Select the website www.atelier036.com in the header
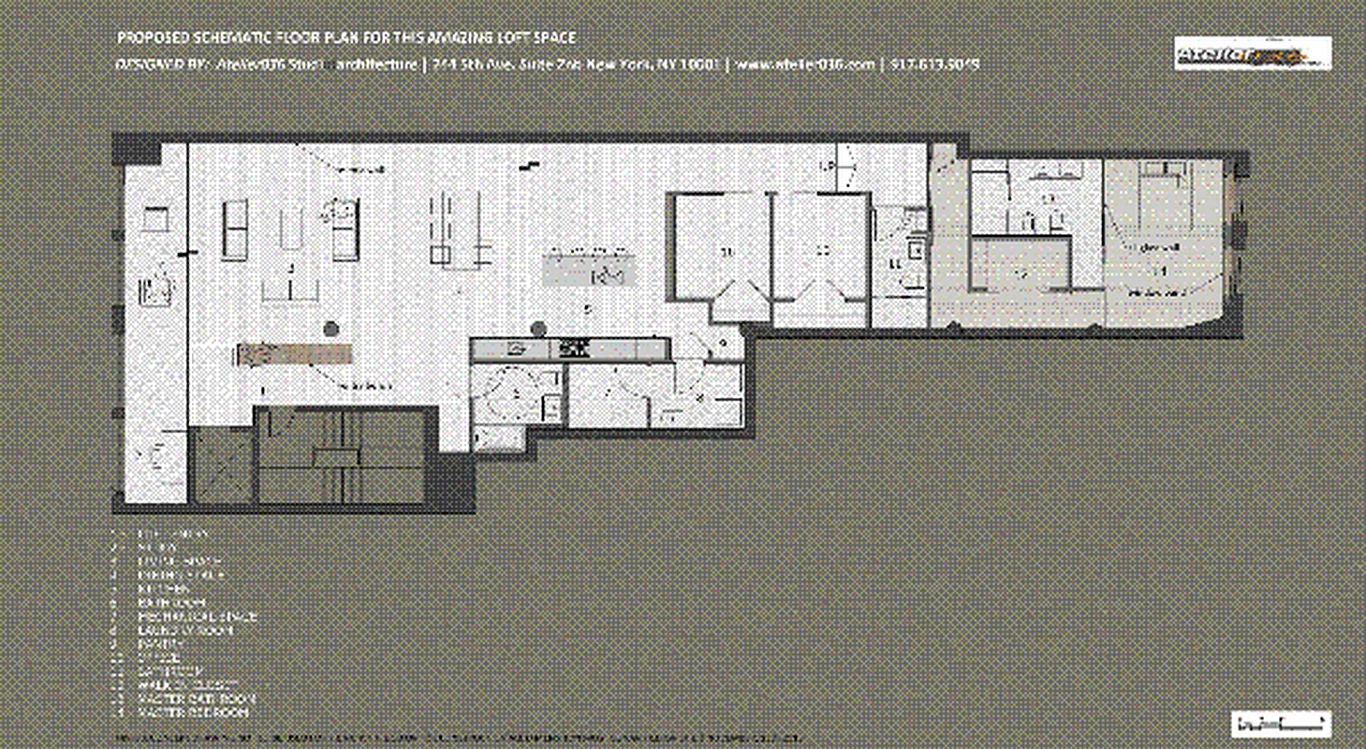pyautogui.click(x=805, y=65)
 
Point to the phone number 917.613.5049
pyautogui.click(x=935, y=65)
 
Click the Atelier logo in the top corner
pyautogui.click(x=1253, y=53)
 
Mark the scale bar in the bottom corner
pyautogui.click(x=1281, y=723)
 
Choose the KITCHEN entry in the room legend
pyautogui.click(x=160, y=589)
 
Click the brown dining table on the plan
pyautogui.click(x=294, y=354)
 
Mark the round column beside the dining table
pyautogui.click(x=330, y=329)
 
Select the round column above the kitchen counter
pyautogui.click(x=537, y=329)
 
